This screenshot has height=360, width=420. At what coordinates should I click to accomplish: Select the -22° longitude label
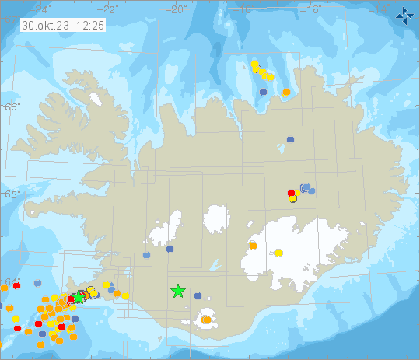(110, 9)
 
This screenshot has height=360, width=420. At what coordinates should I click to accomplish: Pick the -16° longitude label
(312, 9)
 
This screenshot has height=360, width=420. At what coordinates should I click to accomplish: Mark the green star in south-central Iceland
(178, 292)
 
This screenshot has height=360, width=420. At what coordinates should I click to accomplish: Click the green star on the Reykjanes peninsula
(78, 297)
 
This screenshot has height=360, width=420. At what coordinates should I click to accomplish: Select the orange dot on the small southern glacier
(206, 320)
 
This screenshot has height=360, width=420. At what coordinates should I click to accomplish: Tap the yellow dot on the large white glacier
(278, 253)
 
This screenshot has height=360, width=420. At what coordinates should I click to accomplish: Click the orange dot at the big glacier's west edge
(253, 246)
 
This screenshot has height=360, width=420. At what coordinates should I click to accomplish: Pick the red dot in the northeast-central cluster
(291, 193)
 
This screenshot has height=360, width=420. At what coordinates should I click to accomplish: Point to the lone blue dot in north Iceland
(291, 138)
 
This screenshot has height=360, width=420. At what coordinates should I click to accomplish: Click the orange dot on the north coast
(286, 93)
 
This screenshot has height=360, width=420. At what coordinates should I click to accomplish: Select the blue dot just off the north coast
(263, 91)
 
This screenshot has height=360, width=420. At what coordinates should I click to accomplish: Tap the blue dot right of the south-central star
(198, 295)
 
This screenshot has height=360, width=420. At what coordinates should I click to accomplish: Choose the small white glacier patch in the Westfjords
(96, 100)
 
